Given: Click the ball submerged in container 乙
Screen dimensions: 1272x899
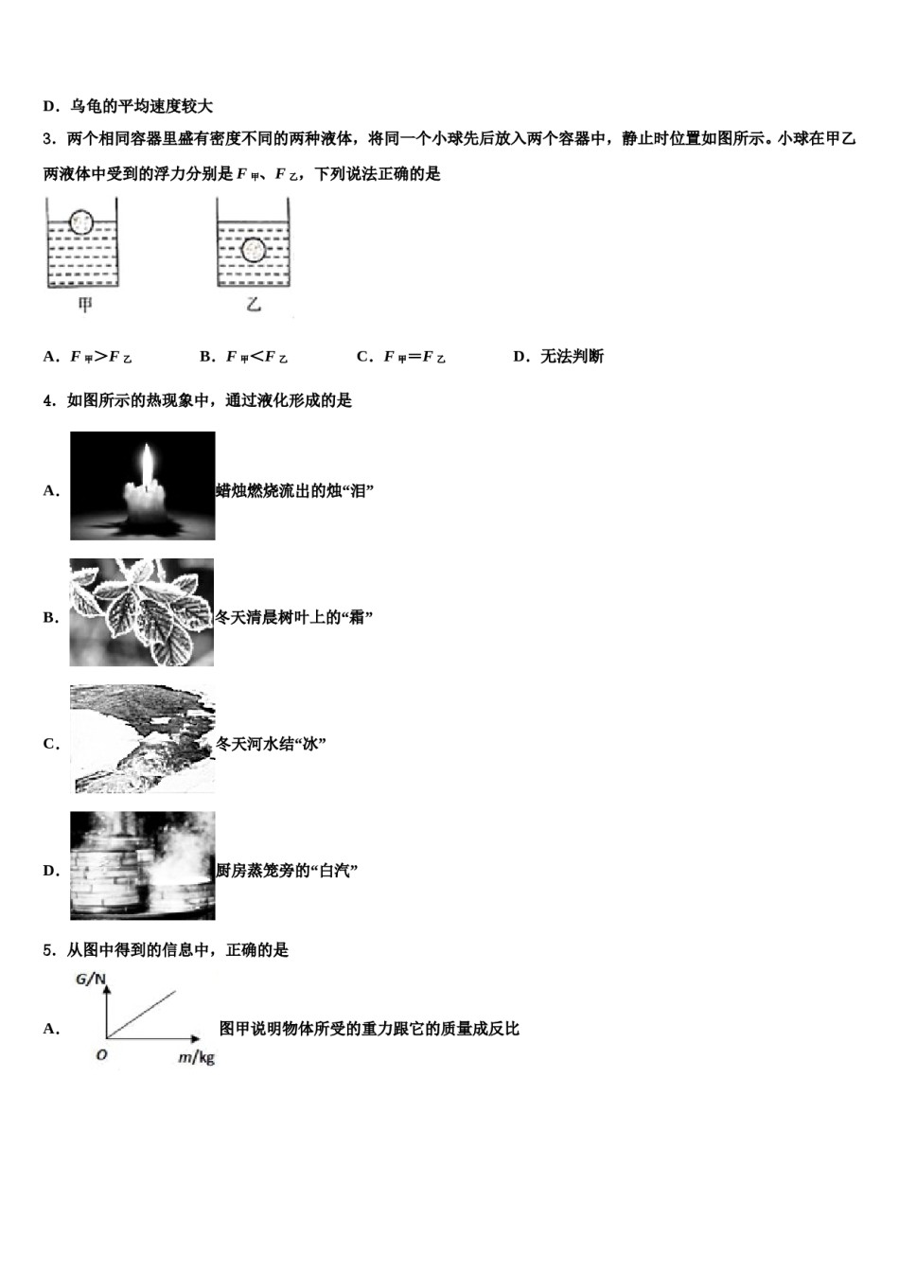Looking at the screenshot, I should point(253,250).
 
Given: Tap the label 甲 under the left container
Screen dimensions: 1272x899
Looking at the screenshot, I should point(85,305).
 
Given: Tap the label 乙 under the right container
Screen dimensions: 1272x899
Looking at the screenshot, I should point(254,305).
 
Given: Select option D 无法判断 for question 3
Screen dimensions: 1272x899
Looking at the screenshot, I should point(558,357).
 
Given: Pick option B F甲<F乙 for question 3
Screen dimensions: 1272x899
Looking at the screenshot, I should point(244,357).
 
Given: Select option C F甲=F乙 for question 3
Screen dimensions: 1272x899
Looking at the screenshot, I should point(401,357).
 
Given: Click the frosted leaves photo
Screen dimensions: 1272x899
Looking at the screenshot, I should point(142,612).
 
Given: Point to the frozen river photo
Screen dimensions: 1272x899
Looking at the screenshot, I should point(142,739).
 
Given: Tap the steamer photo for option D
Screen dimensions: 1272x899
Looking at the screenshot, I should point(142,865).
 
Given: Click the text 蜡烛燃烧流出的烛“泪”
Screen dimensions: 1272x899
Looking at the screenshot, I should point(294,491).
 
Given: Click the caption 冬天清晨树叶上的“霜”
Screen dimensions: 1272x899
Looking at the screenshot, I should point(294,618).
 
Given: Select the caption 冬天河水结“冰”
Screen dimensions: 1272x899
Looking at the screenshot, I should point(271,744).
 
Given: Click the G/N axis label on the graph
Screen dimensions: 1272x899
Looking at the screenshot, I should point(91,980).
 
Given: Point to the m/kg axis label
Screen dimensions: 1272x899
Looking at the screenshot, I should point(196,1057).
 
